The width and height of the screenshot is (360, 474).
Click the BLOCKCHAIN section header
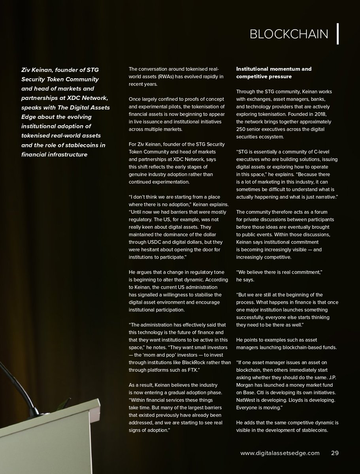(x=288, y=34)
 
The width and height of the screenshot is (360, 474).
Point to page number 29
(x=335, y=453)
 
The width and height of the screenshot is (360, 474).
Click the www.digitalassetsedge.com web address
(x=280, y=453)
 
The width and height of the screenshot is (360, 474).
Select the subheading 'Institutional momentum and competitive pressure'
(x=273, y=72)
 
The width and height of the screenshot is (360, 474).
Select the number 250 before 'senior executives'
(x=242, y=129)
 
